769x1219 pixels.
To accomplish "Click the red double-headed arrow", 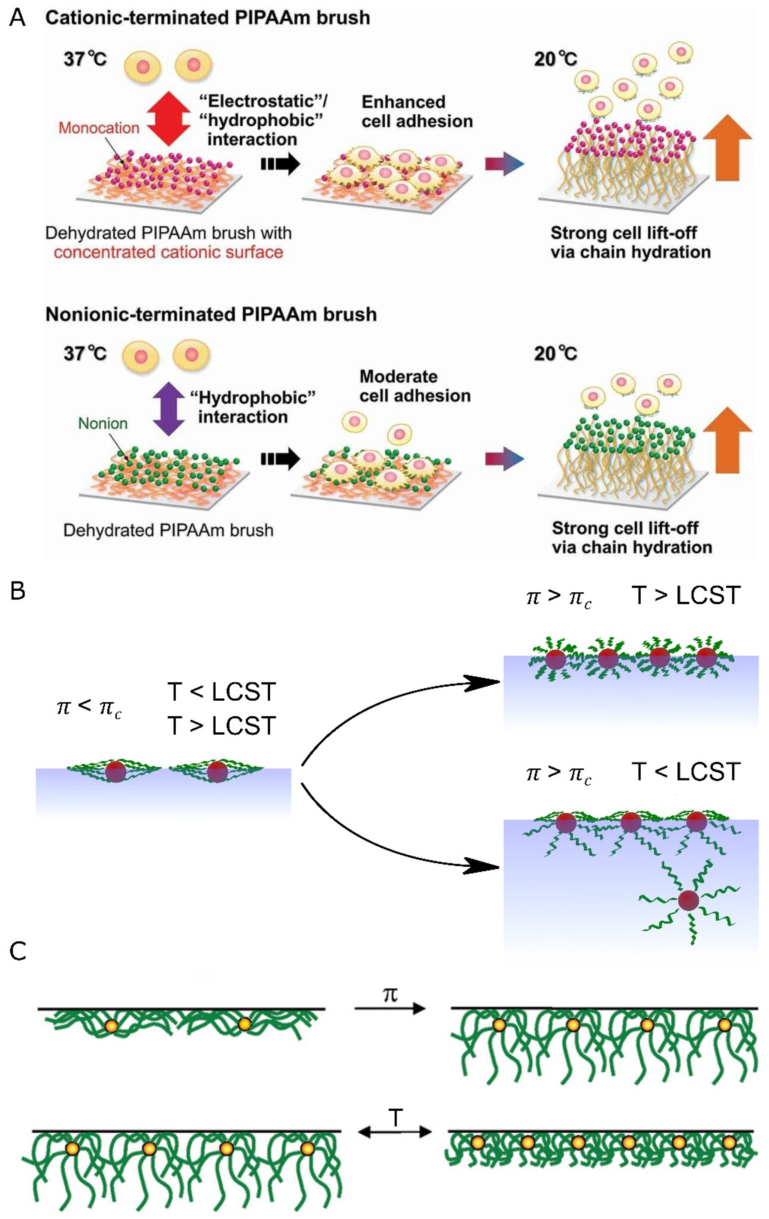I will [x=169, y=119].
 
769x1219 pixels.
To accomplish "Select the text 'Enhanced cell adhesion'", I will [x=417, y=111].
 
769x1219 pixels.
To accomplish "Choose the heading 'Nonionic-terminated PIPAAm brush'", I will [x=211, y=314].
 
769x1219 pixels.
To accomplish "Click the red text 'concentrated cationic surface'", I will [x=168, y=252].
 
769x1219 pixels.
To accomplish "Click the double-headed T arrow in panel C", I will [x=395, y=1131].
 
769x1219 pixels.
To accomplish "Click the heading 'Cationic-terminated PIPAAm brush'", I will [x=208, y=18].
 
